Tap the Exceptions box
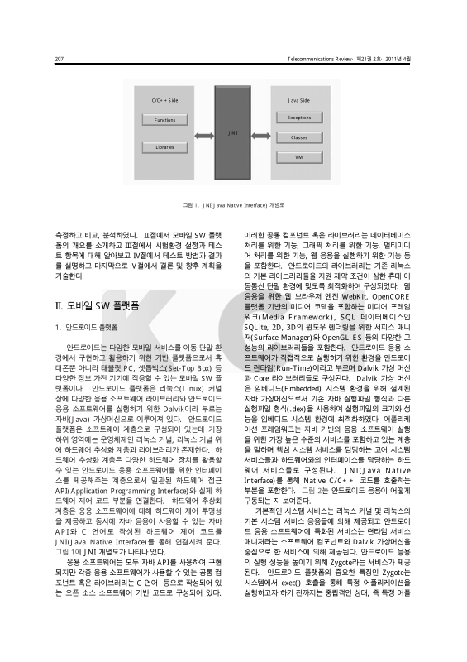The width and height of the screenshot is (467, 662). click(299, 118)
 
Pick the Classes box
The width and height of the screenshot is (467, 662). click(299, 137)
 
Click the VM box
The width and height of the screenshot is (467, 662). click(299, 156)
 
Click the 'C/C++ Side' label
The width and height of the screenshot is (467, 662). click(165, 99)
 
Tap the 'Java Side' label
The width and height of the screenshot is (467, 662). click(299, 99)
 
